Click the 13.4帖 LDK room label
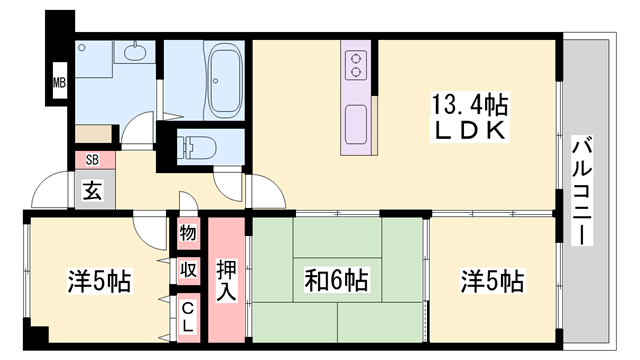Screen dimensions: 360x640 pyautogui.click(x=469, y=116)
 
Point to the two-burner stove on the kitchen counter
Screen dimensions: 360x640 pyautogui.click(x=355, y=66)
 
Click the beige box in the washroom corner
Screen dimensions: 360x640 pyautogui.click(x=96, y=132)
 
